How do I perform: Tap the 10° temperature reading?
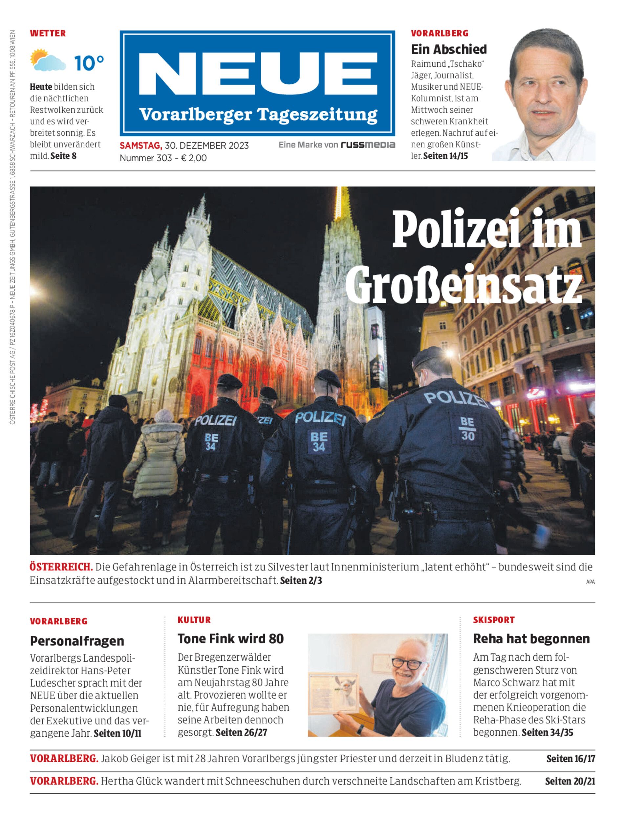(89, 63)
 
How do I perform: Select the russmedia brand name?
(368, 145)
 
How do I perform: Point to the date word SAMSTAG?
(140, 145)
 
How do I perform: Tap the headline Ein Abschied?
(449, 49)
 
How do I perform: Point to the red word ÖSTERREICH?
(61, 567)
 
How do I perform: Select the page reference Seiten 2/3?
(301, 580)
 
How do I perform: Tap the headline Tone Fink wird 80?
(231, 639)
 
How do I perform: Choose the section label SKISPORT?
(494, 620)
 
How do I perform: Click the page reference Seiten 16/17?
(570, 759)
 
